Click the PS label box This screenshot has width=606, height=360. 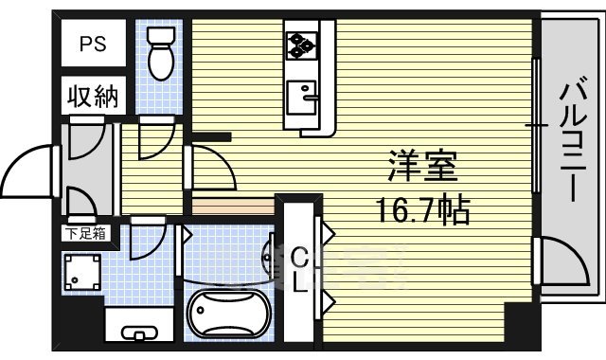click(x=92, y=45)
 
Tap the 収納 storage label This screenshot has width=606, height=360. click(x=92, y=98)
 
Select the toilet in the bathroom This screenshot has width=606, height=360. click(x=162, y=57)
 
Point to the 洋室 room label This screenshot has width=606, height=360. click(x=422, y=167)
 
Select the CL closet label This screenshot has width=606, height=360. click(x=299, y=271)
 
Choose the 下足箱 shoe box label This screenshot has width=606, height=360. click(x=84, y=231)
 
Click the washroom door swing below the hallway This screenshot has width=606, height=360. click(x=147, y=242)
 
